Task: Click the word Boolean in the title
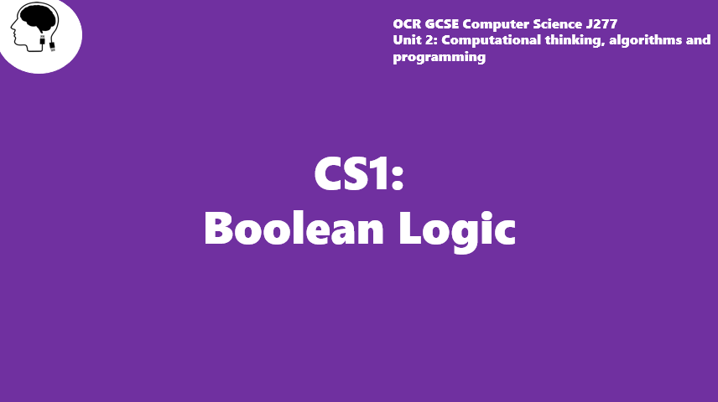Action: tap(294, 228)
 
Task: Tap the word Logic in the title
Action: tap(457, 231)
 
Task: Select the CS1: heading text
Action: tap(358, 173)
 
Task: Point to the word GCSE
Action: tap(441, 23)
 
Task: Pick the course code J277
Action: tap(601, 23)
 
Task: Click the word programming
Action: tap(440, 58)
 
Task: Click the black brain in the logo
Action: tap(39, 19)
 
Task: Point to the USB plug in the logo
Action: tap(52, 46)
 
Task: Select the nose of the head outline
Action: tap(13, 32)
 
